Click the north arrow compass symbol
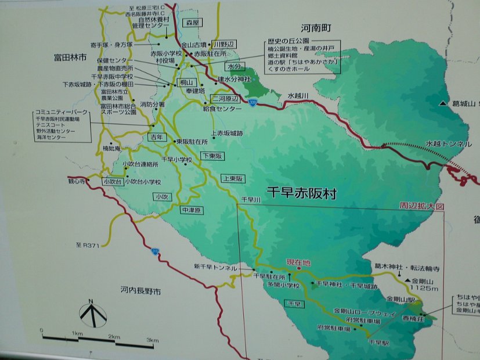(92, 314)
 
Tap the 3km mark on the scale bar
(152, 340)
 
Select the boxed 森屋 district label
(192, 23)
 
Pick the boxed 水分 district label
(234, 66)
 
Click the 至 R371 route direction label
(88, 246)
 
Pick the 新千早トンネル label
(215, 267)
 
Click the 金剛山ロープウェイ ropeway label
(358, 311)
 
